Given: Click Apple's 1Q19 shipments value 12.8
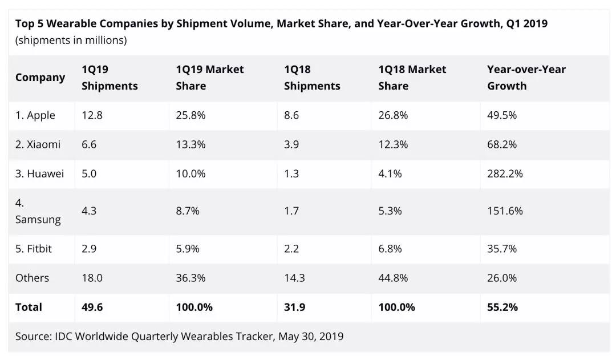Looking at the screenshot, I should tap(91, 115).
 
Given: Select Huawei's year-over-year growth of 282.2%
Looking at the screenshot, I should tap(505, 173).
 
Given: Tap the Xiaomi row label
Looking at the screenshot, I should tap(38, 144).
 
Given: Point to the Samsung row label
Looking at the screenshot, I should tap(38, 211).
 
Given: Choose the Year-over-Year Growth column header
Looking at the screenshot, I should tap(526, 78).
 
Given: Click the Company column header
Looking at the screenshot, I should tap(40, 78).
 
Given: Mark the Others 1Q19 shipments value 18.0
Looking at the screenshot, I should tap(92, 278).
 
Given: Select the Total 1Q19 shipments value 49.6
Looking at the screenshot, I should tap(92, 307).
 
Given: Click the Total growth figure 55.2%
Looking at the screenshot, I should tap(502, 307).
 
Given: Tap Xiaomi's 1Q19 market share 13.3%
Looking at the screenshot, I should tap(191, 144).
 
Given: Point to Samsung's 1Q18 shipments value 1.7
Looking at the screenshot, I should tap(291, 211).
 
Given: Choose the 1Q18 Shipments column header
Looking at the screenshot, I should tap(312, 78).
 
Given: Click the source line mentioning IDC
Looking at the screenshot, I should tap(179, 336).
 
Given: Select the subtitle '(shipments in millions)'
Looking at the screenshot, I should tap(71, 41).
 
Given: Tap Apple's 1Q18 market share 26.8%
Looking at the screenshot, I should tap(393, 115).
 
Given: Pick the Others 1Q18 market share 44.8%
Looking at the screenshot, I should tap(393, 278).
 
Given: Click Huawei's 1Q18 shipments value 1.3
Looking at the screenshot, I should tap(291, 173).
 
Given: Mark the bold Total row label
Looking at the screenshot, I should tap(29, 307).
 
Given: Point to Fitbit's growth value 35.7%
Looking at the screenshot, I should tap(502, 249).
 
